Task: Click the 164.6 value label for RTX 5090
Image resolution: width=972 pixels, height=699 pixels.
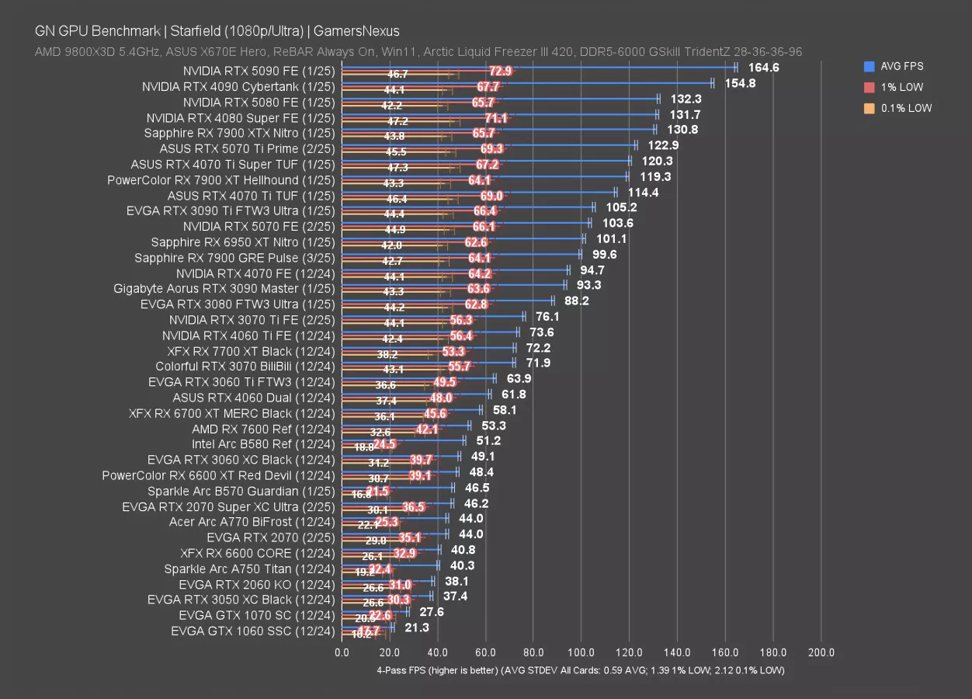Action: point(763,68)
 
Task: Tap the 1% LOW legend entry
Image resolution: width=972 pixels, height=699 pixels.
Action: point(901,88)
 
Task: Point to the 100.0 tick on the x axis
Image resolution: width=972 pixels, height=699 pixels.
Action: point(581,653)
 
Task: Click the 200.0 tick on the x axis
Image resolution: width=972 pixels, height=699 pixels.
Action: point(821,653)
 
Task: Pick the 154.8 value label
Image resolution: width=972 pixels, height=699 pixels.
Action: point(740,83)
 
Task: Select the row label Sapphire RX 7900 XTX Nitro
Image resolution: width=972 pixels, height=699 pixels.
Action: point(239,133)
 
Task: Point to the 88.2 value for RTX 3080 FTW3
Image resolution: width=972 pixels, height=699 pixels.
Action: point(575,301)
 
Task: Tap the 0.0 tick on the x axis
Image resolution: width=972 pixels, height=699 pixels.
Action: point(342,653)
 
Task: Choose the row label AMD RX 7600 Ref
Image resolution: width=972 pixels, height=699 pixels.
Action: point(263,429)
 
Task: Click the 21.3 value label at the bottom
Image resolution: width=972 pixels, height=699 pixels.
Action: point(417,628)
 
